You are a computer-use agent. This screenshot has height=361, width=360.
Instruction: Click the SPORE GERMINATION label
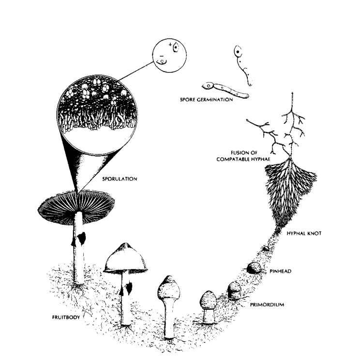tap(206, 100)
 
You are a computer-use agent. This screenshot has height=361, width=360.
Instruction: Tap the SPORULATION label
tap(120, 179)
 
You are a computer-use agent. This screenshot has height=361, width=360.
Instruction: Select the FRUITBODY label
tap(66, 317)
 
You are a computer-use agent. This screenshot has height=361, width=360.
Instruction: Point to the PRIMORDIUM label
tap(267, 304)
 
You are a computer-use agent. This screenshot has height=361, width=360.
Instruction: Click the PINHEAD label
tap(281, 271)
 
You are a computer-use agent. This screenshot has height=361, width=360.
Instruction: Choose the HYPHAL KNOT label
tap(304, 233)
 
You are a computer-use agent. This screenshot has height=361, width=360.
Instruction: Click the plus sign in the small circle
tap(170, 44)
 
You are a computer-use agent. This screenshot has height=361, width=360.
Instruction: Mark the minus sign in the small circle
tap(161, 56)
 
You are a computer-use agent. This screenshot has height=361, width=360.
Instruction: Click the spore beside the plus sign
tap(176, 48)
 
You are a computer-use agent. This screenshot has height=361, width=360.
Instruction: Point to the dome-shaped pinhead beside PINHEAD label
tap(254, 268)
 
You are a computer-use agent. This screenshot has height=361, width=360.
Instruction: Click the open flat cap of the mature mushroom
tap(76, 205)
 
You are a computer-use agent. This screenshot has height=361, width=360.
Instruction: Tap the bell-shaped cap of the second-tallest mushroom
tap(125, 258)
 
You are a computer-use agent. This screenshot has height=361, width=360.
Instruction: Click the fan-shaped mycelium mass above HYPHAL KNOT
tap(289, 193)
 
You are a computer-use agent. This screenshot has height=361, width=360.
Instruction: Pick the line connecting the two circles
tap(136, 71)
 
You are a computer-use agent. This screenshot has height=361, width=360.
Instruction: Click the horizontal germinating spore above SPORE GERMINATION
tap(225, 90)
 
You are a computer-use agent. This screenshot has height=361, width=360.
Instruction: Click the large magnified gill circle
tap(97, 115)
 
